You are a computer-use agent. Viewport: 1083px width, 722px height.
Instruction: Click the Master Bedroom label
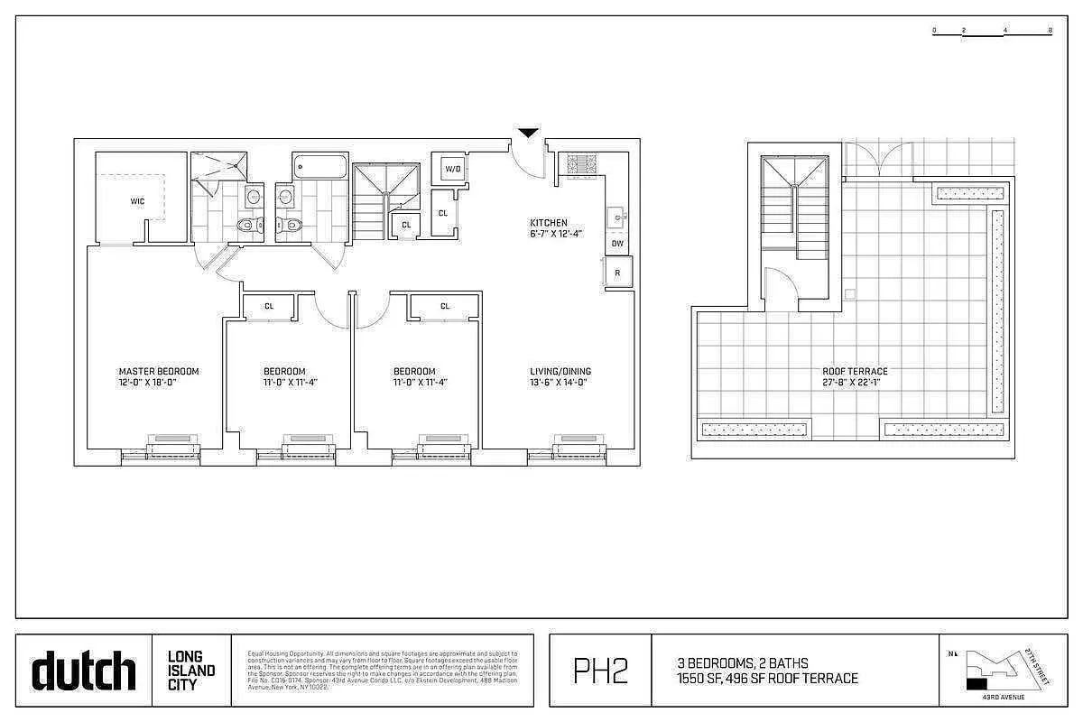159,371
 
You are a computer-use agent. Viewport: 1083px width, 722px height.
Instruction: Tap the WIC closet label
137,201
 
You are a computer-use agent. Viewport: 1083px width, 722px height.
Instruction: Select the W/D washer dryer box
451,169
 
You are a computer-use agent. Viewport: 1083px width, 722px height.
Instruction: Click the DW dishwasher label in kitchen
617,244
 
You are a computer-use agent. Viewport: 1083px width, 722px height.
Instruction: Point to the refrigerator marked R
617,273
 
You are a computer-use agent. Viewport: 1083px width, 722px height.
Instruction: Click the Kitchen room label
548,223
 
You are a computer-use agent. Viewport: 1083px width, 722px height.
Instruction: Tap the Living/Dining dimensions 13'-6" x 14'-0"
560,383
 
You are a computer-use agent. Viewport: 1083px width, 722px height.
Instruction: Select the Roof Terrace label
854,371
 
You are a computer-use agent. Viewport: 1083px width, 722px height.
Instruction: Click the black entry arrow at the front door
528,134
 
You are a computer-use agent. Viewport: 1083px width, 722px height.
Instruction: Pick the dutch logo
83,671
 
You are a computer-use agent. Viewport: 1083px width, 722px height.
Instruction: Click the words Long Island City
191,671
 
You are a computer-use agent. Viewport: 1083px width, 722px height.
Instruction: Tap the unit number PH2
600,671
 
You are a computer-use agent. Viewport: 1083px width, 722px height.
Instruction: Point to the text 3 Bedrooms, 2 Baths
743,663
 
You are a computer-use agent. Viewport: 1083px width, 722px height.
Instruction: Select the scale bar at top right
992,32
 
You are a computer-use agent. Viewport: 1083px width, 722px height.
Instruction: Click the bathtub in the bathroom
319,168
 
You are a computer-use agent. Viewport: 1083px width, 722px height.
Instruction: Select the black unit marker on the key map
977,685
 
